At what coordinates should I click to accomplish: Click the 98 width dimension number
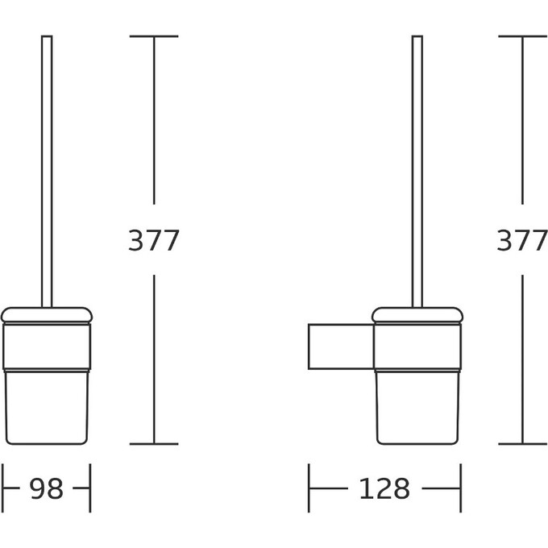click(46, 488)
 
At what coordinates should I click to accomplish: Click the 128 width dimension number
click(384, 488)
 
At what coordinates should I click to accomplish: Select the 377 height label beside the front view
click(154, 240)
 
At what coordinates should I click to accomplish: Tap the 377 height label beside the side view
click(522, 240)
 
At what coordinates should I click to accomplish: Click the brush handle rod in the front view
click(47, 172)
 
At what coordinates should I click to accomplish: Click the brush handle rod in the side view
click(417, 172)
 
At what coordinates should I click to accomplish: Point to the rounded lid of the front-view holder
click(47, 315)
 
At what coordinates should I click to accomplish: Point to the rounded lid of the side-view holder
click(417, 315)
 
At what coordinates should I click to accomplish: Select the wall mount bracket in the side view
click(341, 347)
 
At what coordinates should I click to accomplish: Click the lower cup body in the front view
click(47, 408)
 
